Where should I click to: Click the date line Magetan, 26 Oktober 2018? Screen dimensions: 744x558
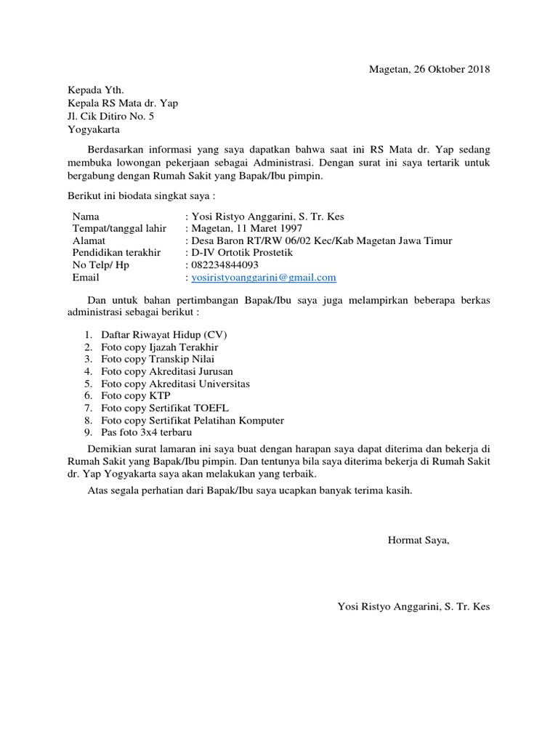point(429,70)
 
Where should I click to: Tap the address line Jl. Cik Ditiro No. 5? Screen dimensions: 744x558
point(110,116)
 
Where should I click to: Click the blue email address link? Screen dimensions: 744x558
point(263,278)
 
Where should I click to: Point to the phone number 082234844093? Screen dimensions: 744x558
point(225,265)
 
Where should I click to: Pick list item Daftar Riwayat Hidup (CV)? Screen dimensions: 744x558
point(164,334)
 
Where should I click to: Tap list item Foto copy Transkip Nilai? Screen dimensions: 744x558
point(158,359)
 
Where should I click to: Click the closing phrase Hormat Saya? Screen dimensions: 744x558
point(418,540)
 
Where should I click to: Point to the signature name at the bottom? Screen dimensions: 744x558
point(413,606)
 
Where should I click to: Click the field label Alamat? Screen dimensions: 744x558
point(89,241)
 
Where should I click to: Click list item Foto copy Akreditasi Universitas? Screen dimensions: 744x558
point(176,383)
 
